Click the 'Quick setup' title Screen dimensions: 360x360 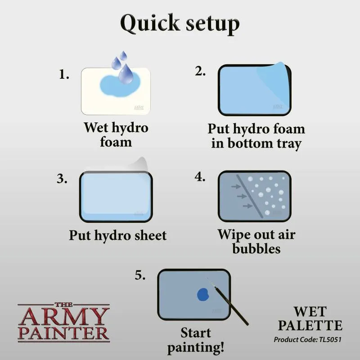(x=180, y=23)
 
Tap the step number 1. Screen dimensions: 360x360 (x=64, y=75)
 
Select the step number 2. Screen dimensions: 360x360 (x=200, y=71)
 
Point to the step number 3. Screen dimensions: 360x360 (x=62, y=179)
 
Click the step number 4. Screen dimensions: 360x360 (x=200, y=177)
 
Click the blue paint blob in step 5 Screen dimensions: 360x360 (x=203, y=295)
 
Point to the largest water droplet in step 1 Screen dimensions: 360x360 (x=126, y=74)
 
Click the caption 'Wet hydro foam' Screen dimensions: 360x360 (x=116, y=135)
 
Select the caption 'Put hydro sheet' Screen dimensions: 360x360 (x=117, y=235)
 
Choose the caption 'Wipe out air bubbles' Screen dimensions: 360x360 (x=256, y=241)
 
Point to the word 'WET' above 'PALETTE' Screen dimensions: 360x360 (x=310, y=311)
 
